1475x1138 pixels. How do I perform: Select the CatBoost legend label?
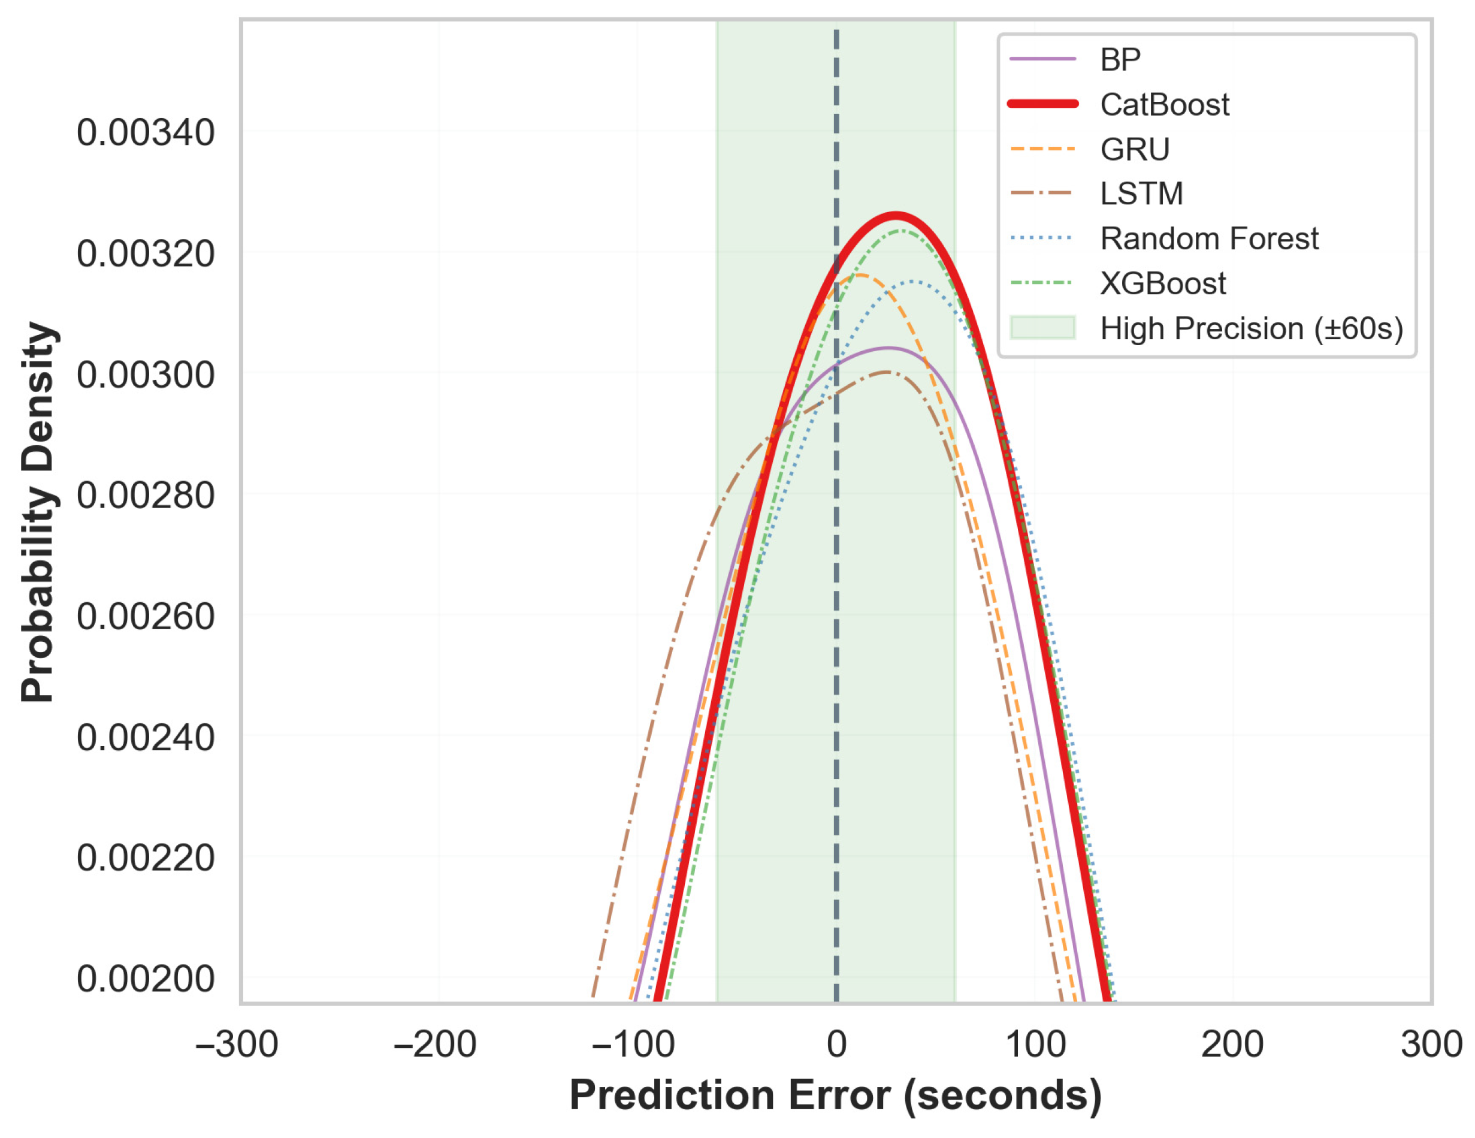click(1164, 105)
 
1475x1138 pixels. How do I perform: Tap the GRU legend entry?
click(1135, 149)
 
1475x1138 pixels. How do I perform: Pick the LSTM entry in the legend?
click(1141, 194)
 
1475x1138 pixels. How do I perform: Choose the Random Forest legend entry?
click(1209, 239)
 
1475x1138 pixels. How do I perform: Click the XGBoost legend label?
click(1163, 283)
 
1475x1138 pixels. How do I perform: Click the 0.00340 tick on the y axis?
click(145, 132)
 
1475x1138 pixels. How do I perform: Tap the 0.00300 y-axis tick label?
click(145, 374)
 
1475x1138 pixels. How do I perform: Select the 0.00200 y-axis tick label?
click(145, 979)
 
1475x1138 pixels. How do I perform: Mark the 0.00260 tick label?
click(145, 616)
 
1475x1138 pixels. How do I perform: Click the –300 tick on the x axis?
click(237, 1044)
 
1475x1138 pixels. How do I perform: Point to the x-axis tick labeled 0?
click(836, 1044)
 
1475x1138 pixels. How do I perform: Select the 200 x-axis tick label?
click(1232, 1044)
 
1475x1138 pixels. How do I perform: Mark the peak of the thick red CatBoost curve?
click(896, 216)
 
